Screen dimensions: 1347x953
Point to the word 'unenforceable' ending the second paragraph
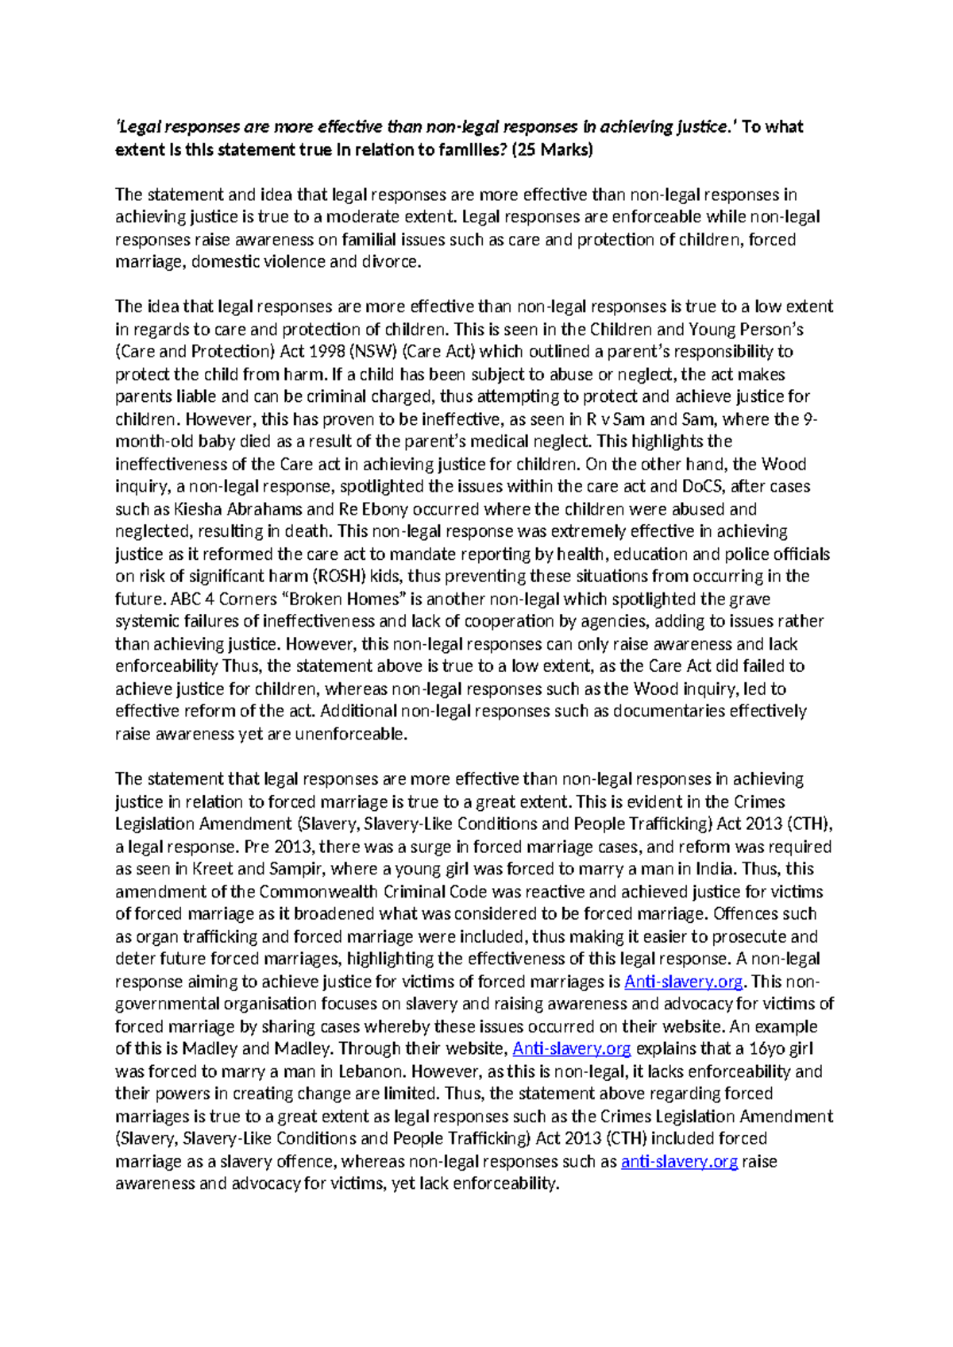coord(350,735)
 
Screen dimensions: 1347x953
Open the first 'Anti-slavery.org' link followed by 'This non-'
coord(683,982)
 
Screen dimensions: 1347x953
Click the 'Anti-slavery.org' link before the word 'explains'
coord(571,1049)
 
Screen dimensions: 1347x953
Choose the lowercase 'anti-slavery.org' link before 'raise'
coord(679,1162)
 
